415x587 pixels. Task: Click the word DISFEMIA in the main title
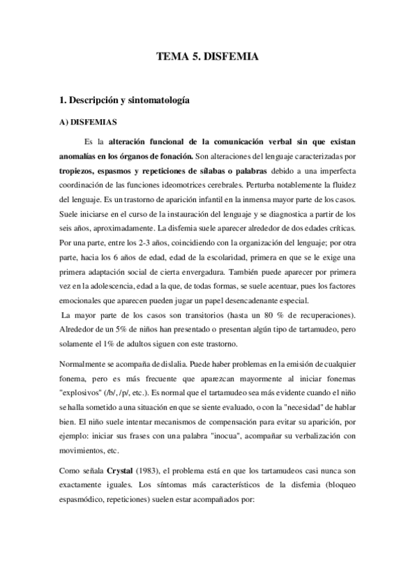231,57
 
